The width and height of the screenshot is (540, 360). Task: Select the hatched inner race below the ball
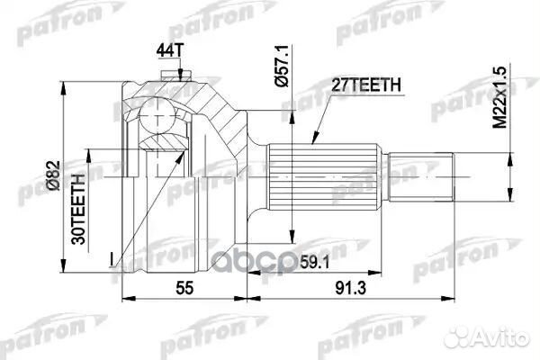[166, 140]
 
